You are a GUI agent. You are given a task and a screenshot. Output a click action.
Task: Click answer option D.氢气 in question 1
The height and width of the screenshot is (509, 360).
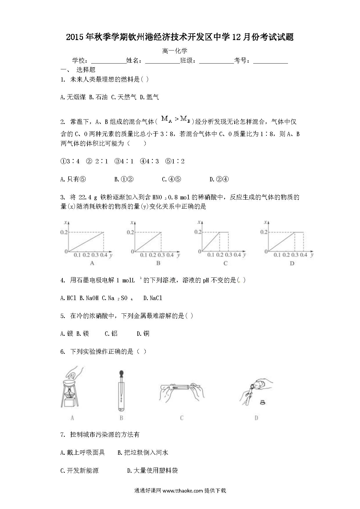(x=149, y=97)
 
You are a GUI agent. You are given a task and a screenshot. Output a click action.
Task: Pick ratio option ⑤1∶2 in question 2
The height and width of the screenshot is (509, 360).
(x=175, y=161)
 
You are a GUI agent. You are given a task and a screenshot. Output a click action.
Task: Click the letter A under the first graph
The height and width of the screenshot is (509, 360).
(x=92, y=263)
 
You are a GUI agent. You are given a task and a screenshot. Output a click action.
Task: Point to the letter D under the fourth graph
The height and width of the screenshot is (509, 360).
(x=292, y=263)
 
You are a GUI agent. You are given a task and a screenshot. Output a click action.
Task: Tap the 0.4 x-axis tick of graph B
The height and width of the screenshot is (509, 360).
(x=170, y=255)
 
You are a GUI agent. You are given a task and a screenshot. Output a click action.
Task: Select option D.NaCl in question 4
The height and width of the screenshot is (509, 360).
(x=153, y=298)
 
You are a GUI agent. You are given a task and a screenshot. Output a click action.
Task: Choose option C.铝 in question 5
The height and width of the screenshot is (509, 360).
(x=111, y=334)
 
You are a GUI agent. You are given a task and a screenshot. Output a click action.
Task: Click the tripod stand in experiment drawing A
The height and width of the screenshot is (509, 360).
(x=70, y=395)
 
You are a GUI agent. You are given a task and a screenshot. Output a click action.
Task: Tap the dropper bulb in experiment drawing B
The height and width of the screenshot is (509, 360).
(x=121, y=373)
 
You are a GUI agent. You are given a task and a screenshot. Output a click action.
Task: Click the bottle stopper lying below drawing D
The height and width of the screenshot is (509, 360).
(x=263, y=402)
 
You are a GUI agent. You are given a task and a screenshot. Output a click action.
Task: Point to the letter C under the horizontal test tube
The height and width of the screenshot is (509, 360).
(x=182, y=418)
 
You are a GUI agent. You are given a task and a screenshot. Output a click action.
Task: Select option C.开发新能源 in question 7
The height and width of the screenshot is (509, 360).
(x=79, y=470)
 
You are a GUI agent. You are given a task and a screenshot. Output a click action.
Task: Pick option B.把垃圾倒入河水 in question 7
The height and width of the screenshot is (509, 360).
(x=143, y=452)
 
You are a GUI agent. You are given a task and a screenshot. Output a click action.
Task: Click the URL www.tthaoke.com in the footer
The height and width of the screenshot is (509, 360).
(x=182, y=491)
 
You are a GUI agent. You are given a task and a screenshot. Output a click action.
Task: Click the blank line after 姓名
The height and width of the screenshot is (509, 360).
(x=162, y=61)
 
